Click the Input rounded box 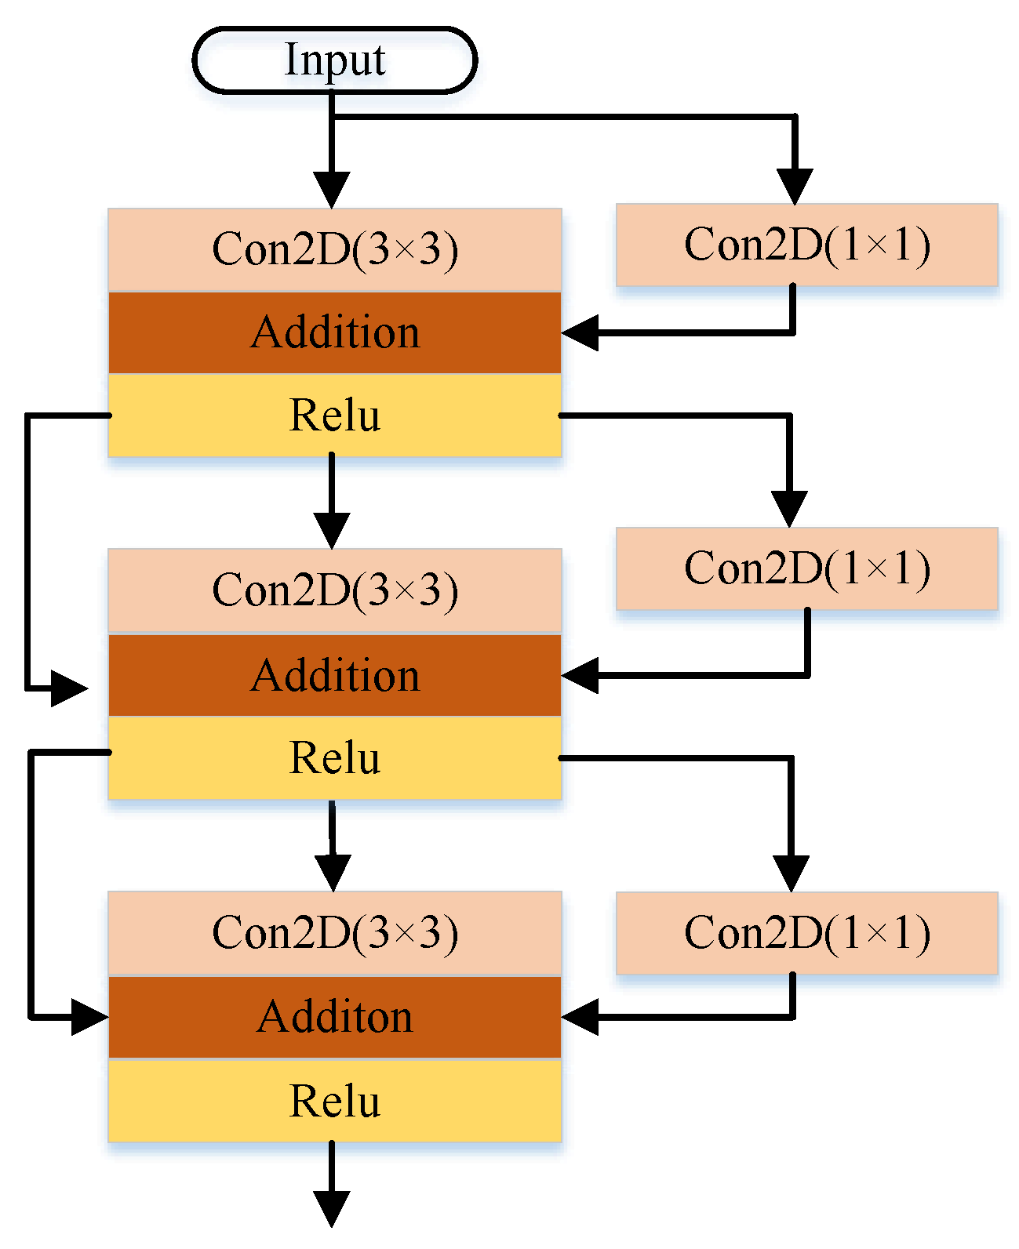334,60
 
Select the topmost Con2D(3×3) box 334,249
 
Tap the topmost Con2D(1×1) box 806,245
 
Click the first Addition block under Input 334,332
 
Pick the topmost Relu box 334,415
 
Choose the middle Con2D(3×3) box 334,590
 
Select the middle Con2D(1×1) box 806,568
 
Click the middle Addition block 334,675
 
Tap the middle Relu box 334,757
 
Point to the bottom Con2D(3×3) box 334,933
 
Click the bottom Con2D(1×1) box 806,933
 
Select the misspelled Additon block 334,1017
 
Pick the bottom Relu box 334,1101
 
